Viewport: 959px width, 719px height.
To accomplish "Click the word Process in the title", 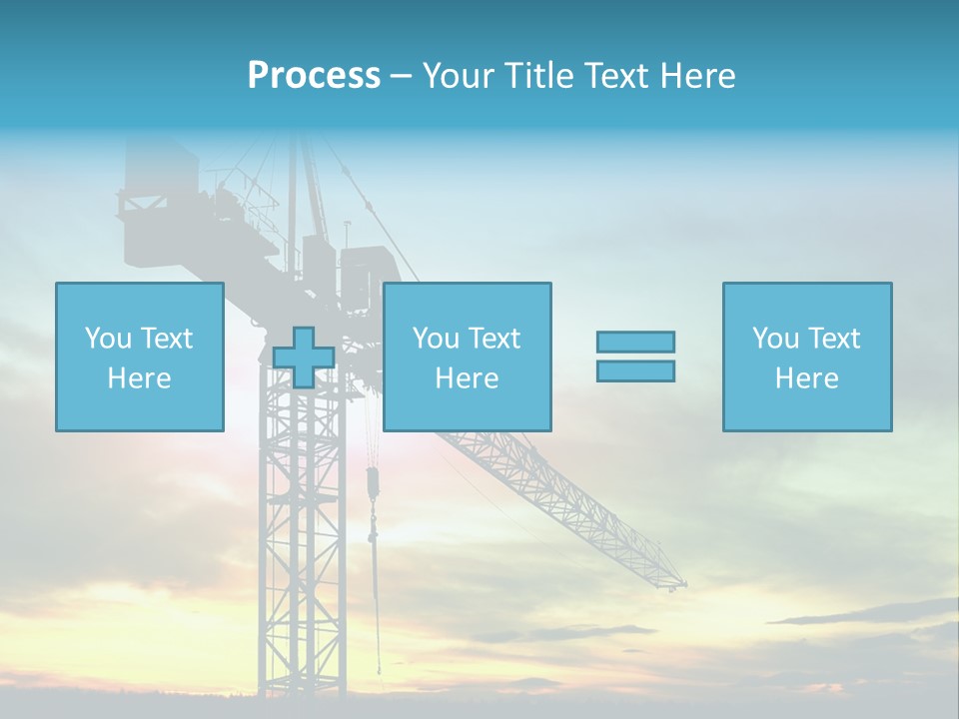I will click(x=314, y=76).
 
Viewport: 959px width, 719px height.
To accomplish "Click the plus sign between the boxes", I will click(x=304, y=358).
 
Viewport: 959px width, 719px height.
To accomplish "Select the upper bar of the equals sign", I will click(x=635, y=342).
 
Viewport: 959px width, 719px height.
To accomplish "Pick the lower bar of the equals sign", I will click(x=635, y=370).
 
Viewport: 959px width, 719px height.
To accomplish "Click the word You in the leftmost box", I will click(x=108, y=339).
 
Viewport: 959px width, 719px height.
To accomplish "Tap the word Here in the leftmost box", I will click(x=139, y=378).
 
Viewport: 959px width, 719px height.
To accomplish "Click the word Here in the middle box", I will click(x=467, y=378).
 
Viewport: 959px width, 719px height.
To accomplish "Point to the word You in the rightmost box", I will click(x=775, y=339).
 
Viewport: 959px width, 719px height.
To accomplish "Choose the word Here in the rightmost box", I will click(x=806, y=378).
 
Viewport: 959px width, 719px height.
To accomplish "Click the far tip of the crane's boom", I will click(x=682, y=583).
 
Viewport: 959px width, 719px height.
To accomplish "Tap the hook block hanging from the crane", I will click(x=373, y=484).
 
